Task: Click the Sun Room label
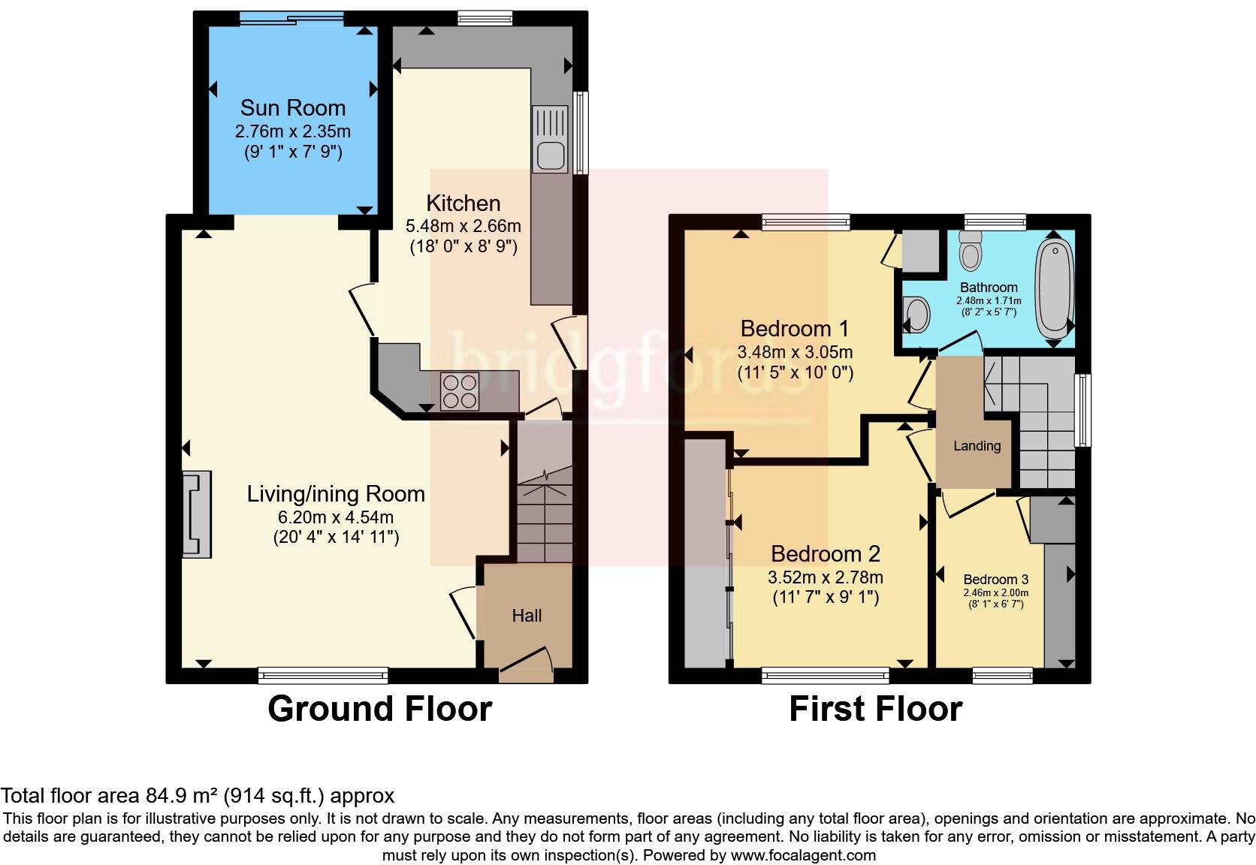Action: click(x=292, y=107)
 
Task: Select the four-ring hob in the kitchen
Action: click(x=460, y=391)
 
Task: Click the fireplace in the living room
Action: click(x=197, y=514)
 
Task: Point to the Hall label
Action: click(x=527, y=616)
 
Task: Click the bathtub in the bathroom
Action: click(x=1055, y=287)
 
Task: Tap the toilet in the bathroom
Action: click(x=971, y=250)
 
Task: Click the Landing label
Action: click(x=977, y=446)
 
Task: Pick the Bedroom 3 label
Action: click(x=995, y=579)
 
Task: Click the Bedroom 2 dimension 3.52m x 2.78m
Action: click(x=825, y=577)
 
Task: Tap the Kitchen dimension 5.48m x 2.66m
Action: click(x=463, y=225)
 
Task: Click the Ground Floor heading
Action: click(x=379, y=709)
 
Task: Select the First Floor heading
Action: click(x=875, y=709)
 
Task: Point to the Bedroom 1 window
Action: click(x=805, y=221)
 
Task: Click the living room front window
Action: click(x=323, y=676)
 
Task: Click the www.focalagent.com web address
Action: click(x=802, y=854)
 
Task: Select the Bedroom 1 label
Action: click(x=794, y=328)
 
